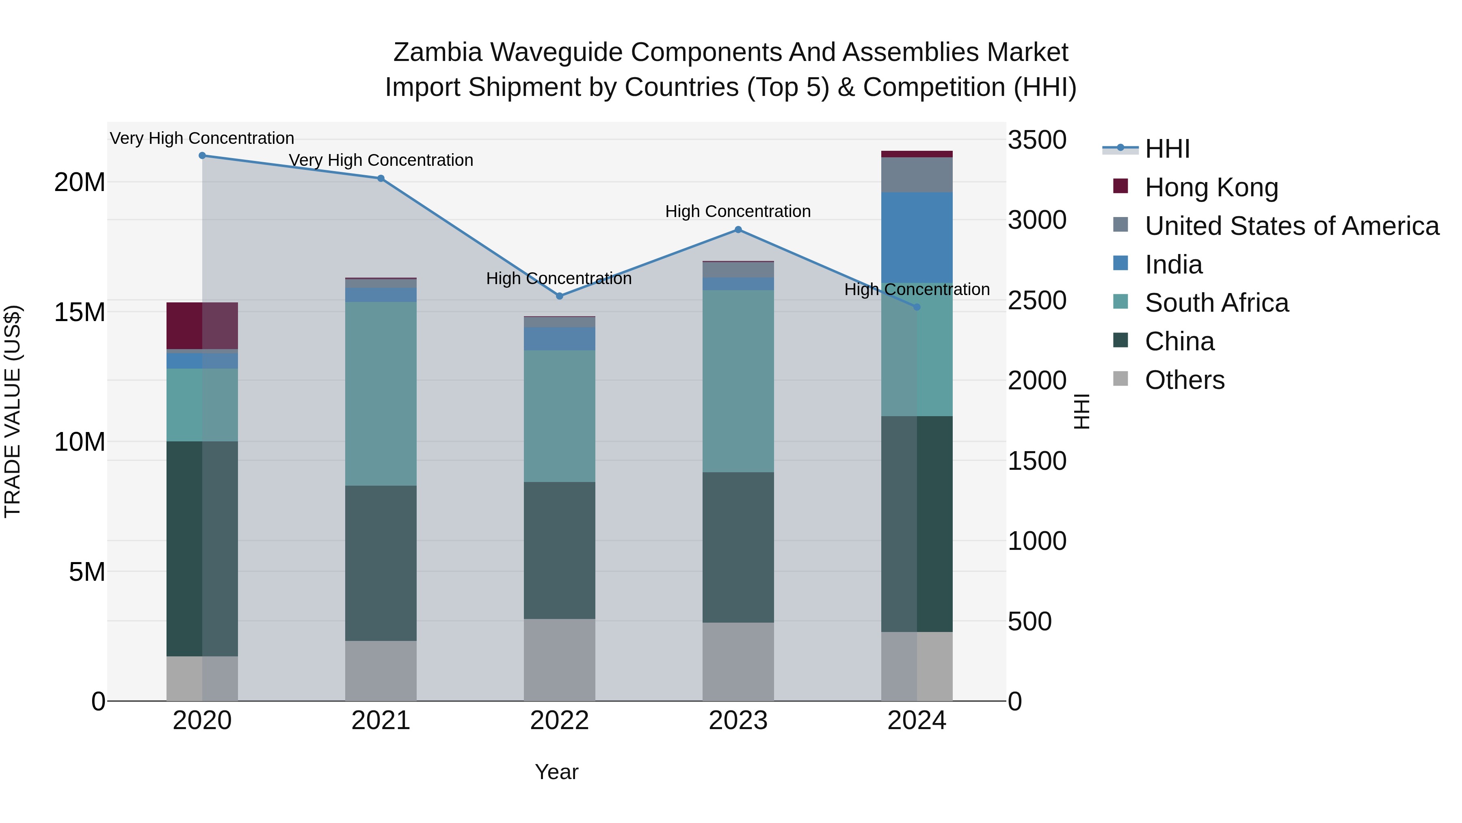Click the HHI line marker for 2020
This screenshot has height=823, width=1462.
(x=202, y=156)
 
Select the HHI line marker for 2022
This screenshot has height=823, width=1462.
(x=559, y=296)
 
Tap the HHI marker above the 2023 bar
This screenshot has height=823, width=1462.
(x=738, y=230)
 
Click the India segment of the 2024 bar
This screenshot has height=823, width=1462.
(x=917, y=237)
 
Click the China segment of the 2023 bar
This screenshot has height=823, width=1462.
(x=738, y=547)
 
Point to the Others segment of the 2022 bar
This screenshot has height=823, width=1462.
(x=559, y=660)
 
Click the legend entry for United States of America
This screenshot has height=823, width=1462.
(x=1291, y=226)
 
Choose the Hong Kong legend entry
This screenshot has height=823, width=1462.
(x=1211, y=187)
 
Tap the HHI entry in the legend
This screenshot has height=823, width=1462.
(x=1166, y=149)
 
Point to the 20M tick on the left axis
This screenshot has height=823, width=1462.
(x=80, y=182)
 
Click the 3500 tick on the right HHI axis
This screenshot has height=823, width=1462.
(x=1036, y=140)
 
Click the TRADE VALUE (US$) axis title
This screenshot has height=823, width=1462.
(x=13, y=411)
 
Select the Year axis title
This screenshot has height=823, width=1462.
(x=556, y=772)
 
